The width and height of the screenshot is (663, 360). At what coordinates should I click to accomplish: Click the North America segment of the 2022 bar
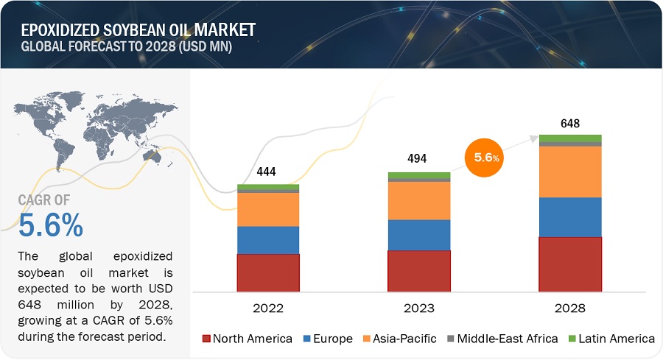tap(268, 272)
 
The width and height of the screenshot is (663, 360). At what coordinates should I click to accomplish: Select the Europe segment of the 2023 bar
tap(419, 235)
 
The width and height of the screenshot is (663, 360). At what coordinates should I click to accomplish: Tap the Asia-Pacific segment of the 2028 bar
tap(570, 172)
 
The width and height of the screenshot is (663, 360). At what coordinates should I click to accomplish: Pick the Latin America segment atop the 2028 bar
tap(570, 138)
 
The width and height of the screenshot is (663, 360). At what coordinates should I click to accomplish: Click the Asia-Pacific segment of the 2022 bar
tap(268, 209)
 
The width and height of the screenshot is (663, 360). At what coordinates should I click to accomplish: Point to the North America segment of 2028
tap(570, 264)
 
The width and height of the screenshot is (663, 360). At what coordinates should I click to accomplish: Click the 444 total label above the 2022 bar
tap(267, 172)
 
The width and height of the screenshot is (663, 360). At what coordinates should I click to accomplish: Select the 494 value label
tap(417, 158)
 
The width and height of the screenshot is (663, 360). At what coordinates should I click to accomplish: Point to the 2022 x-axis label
tap(267, 308)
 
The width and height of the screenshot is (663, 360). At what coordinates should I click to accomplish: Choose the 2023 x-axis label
tap(418, 308)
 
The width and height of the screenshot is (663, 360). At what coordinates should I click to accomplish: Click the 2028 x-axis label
tap(570, 308)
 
